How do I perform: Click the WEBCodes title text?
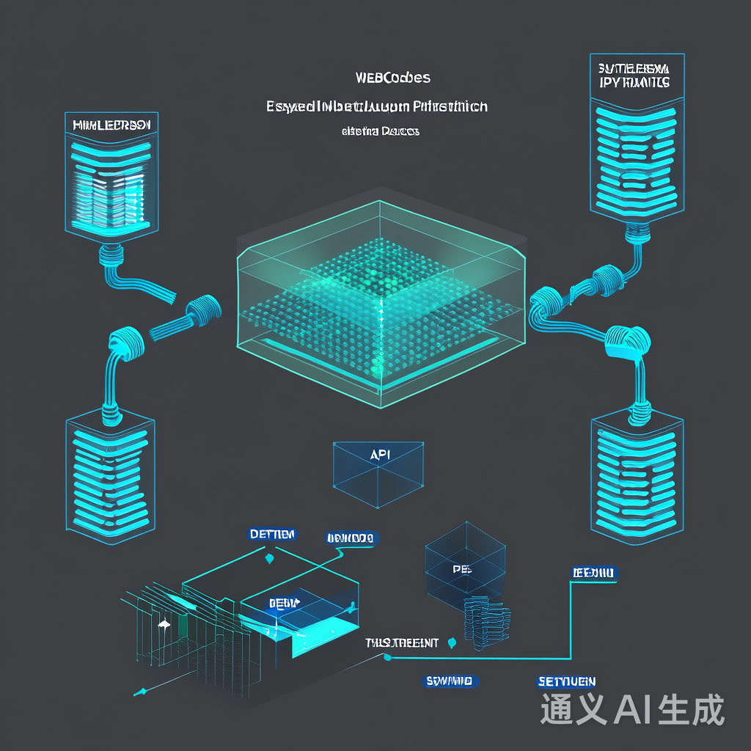392,77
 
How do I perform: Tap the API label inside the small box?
380,455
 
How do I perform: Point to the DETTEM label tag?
272,534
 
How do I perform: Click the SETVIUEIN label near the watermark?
566,681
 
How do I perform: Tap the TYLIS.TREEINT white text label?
402,643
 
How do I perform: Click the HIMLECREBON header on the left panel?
111,125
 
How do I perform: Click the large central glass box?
381,293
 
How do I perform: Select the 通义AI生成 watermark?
632,709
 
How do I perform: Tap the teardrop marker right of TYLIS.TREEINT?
452,643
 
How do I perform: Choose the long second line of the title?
377,107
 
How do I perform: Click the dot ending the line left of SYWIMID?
387,658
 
